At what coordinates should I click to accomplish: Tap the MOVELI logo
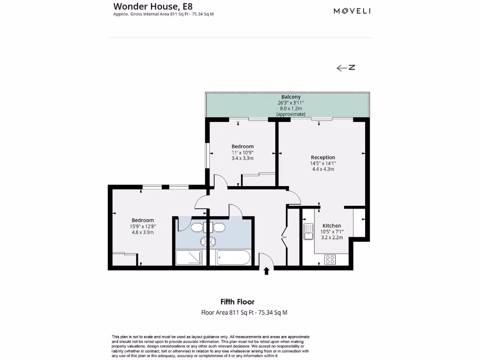tap(352, 11)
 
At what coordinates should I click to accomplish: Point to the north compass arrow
tap(345, 68)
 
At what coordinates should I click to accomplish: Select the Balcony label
tap(291, 97)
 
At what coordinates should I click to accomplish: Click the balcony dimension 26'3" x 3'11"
tap(291, 103)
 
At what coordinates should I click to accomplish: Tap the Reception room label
tap(322, 157)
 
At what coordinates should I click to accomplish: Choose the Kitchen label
tap(331, 225)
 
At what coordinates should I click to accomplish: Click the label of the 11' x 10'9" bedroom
tap(242, 146)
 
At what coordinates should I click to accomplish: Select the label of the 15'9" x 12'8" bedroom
tap(142, 220)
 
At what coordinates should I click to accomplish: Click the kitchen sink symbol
tap(308, 232)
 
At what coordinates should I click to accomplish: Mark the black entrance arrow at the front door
tap(267, 270)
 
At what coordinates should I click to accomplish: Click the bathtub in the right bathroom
tap(233, 258)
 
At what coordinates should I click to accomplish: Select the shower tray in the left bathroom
tap(188, 258)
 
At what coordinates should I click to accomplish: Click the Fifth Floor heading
tap(237, 302)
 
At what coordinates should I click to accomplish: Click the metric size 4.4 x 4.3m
tap(322, 169)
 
